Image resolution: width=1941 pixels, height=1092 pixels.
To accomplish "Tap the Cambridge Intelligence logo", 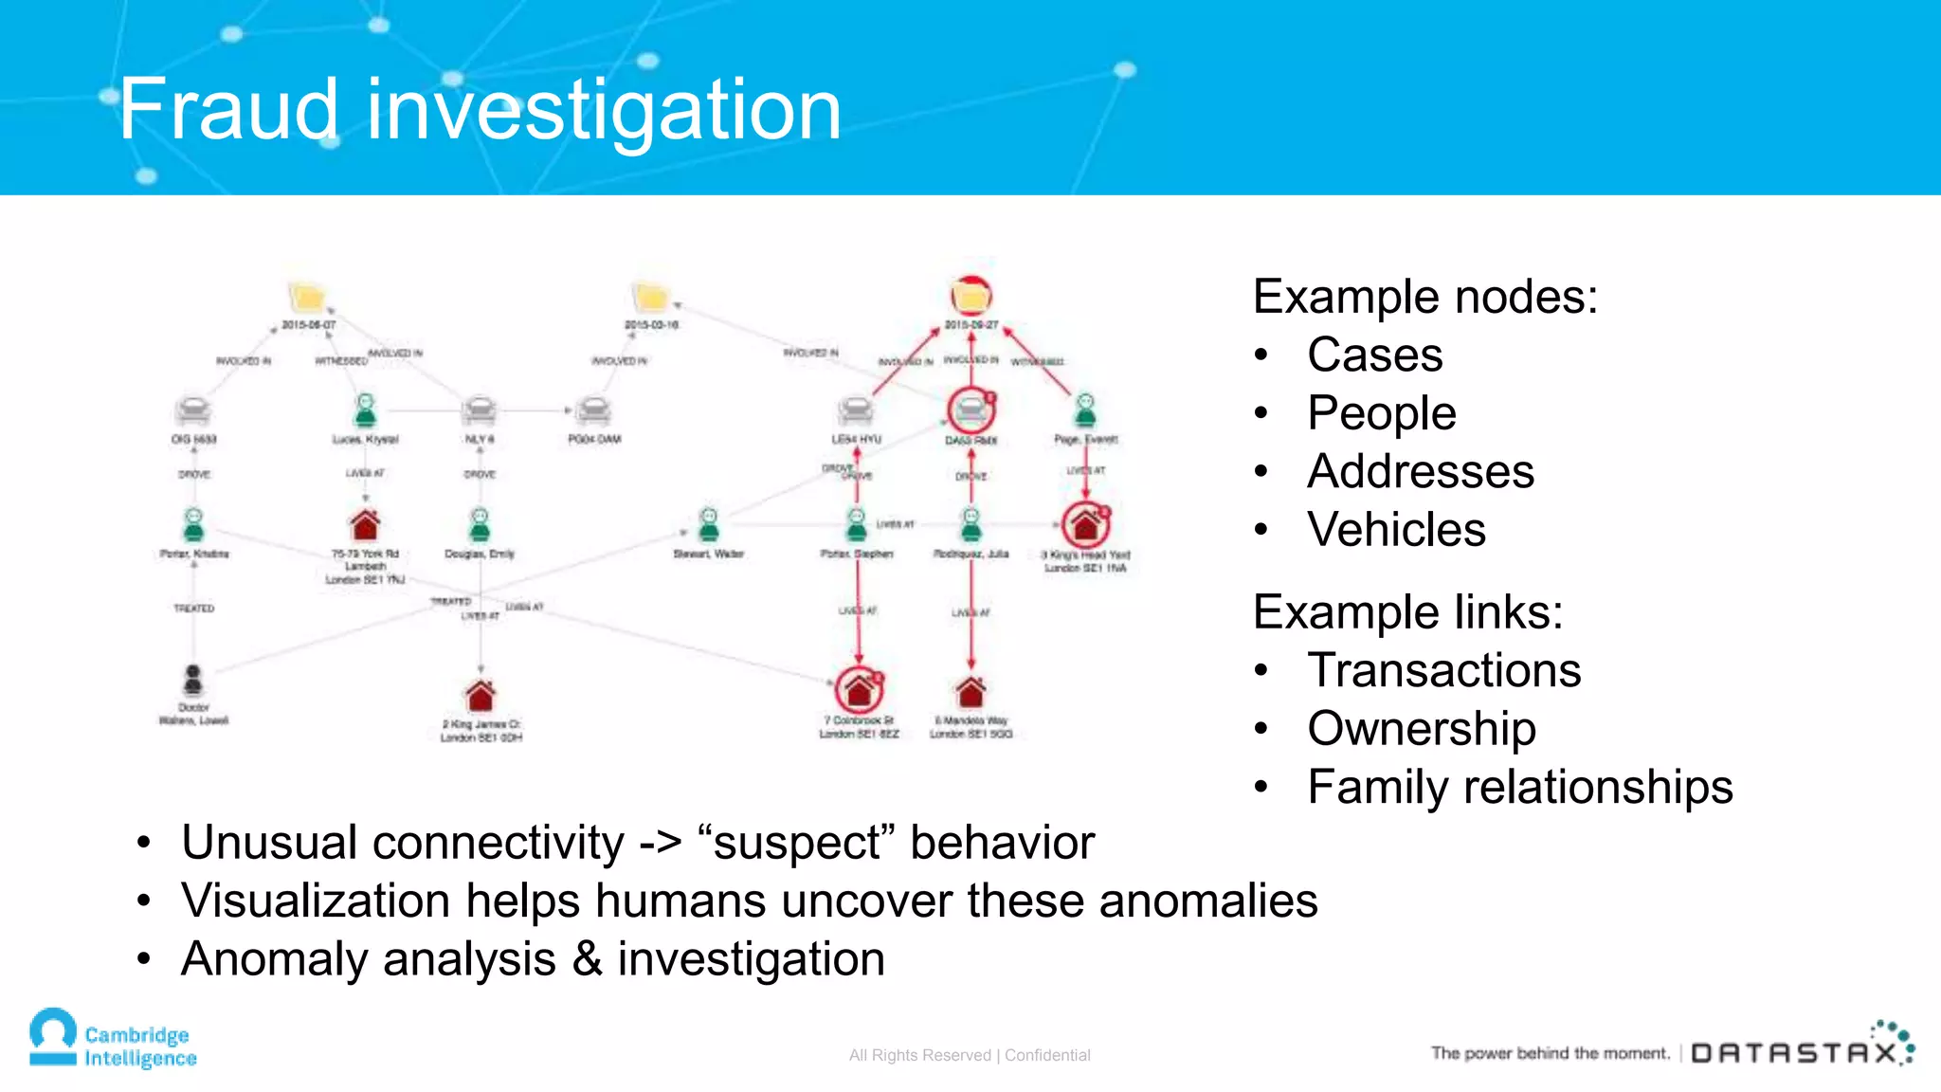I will pyautogui.click(x=112, y=1039).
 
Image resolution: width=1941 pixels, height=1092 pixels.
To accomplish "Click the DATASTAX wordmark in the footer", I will pyautogui.click(x=1794, y=1053).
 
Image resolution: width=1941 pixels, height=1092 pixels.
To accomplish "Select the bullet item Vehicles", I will pyautogui.click(x=1395, y=529).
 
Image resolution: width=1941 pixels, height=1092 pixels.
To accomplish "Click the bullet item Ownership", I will pyautogui.click(x=1421, y=728).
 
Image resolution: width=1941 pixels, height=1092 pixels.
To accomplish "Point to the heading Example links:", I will pyautogui.click(x=1407, y=611).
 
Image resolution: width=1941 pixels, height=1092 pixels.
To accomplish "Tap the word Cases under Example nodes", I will pyautogui.click(x=1374, y=355).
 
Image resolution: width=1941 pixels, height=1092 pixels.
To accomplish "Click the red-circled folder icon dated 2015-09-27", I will pyautogui.click(x=970, y=297).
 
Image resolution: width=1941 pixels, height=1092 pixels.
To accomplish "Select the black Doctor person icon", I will pyautogui.click(x=193, y=680).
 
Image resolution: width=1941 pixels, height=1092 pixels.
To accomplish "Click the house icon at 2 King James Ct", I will pyautogui.click(x=481, y=695).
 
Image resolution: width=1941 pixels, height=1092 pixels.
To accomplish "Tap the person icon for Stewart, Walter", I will pyautogui.click(x=709, y=524).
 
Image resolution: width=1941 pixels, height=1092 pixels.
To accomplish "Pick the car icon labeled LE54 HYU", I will pyautogui.click(x=856, y=410).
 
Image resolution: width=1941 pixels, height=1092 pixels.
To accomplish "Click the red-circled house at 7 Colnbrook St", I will pyautogui.click(x=859, y=689).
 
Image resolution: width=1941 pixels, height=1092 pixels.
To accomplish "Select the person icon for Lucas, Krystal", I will pyautogui.click(x=365, y=410).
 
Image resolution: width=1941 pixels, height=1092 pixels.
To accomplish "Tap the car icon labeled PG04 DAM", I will pyautogui.click(x=594, y=410).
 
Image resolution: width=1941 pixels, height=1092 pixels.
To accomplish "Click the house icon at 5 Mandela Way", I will pyautogui.click(x=970, y=692).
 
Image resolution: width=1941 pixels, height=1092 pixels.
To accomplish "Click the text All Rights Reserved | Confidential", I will pyautogui.click(x=970, y=1055).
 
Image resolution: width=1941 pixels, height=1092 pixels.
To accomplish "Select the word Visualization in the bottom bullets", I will pyautogui.click(x=317, y=901).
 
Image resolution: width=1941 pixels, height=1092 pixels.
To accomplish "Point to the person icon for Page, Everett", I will pyautogui.click(x=1085, y=410).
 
